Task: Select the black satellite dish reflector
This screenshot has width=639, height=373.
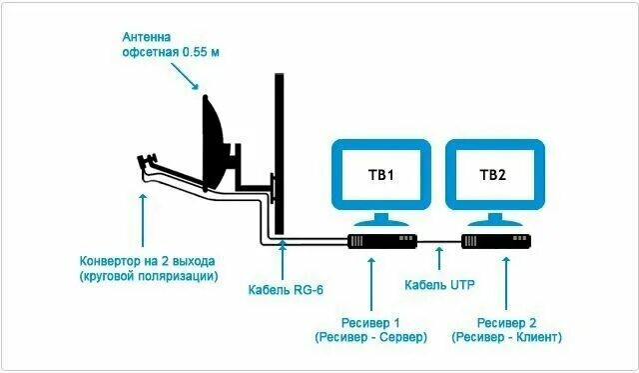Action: click(216, 145)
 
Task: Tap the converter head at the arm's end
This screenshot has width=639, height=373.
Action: click(147, 162)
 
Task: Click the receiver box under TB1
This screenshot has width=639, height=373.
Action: click(380, 242)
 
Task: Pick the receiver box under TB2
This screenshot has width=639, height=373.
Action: click(496, 242)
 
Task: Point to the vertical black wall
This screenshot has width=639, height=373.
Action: click(280, 150)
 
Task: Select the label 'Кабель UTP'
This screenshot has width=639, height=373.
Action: click(439, 285)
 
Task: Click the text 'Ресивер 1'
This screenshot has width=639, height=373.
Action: click(370, 322)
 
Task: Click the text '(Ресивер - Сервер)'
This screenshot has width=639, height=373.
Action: click(370, 338)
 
